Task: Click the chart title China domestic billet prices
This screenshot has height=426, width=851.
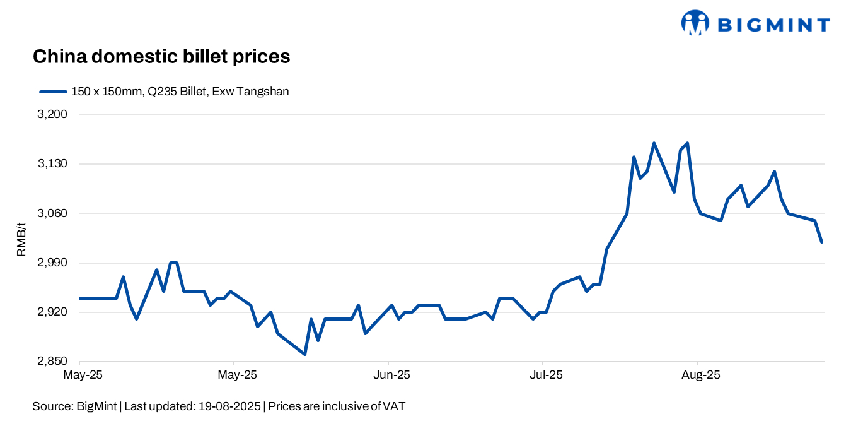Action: (161, 57)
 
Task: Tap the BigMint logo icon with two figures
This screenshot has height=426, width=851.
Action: (695, 23)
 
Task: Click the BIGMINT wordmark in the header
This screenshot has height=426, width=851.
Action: (773, 25)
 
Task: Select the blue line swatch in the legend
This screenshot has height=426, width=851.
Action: (53, 92)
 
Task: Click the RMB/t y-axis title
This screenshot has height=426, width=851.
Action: (21, 238)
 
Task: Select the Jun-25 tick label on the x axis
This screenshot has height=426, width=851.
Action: (392, 375)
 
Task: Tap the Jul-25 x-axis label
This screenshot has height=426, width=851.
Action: (546, 375)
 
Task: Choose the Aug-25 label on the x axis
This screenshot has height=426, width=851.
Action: (700, 375)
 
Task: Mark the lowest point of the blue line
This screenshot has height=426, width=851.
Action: (304, 354)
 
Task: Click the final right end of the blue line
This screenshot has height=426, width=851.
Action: (822, 242)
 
